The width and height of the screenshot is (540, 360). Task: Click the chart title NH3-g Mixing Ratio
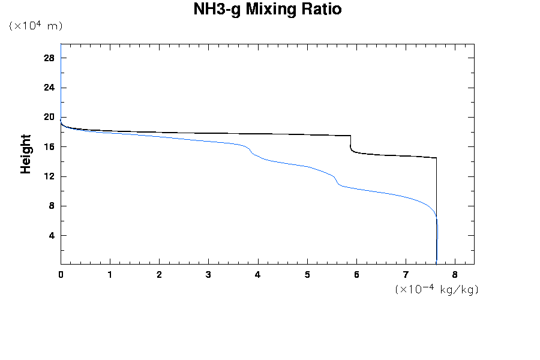point(268,10)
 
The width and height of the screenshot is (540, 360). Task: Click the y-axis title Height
point(26,154)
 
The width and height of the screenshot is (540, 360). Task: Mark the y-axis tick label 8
point(52,206)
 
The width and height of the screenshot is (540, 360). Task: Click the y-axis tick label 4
point(52,235)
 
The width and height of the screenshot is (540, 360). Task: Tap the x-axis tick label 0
point(61,275)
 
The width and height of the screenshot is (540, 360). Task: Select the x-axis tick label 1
point(110,275)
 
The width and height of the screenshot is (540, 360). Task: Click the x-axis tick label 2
point(159,275)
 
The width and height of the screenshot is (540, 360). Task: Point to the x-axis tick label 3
point(208,275)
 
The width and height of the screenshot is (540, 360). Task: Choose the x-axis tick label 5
point(307,275)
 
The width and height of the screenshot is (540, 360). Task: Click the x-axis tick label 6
point(356,275)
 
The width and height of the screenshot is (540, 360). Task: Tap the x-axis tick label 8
point(455,275)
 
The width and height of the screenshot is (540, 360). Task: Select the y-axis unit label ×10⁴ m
point(36,26)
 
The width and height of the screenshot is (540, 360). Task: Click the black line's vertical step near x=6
point(350,143)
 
